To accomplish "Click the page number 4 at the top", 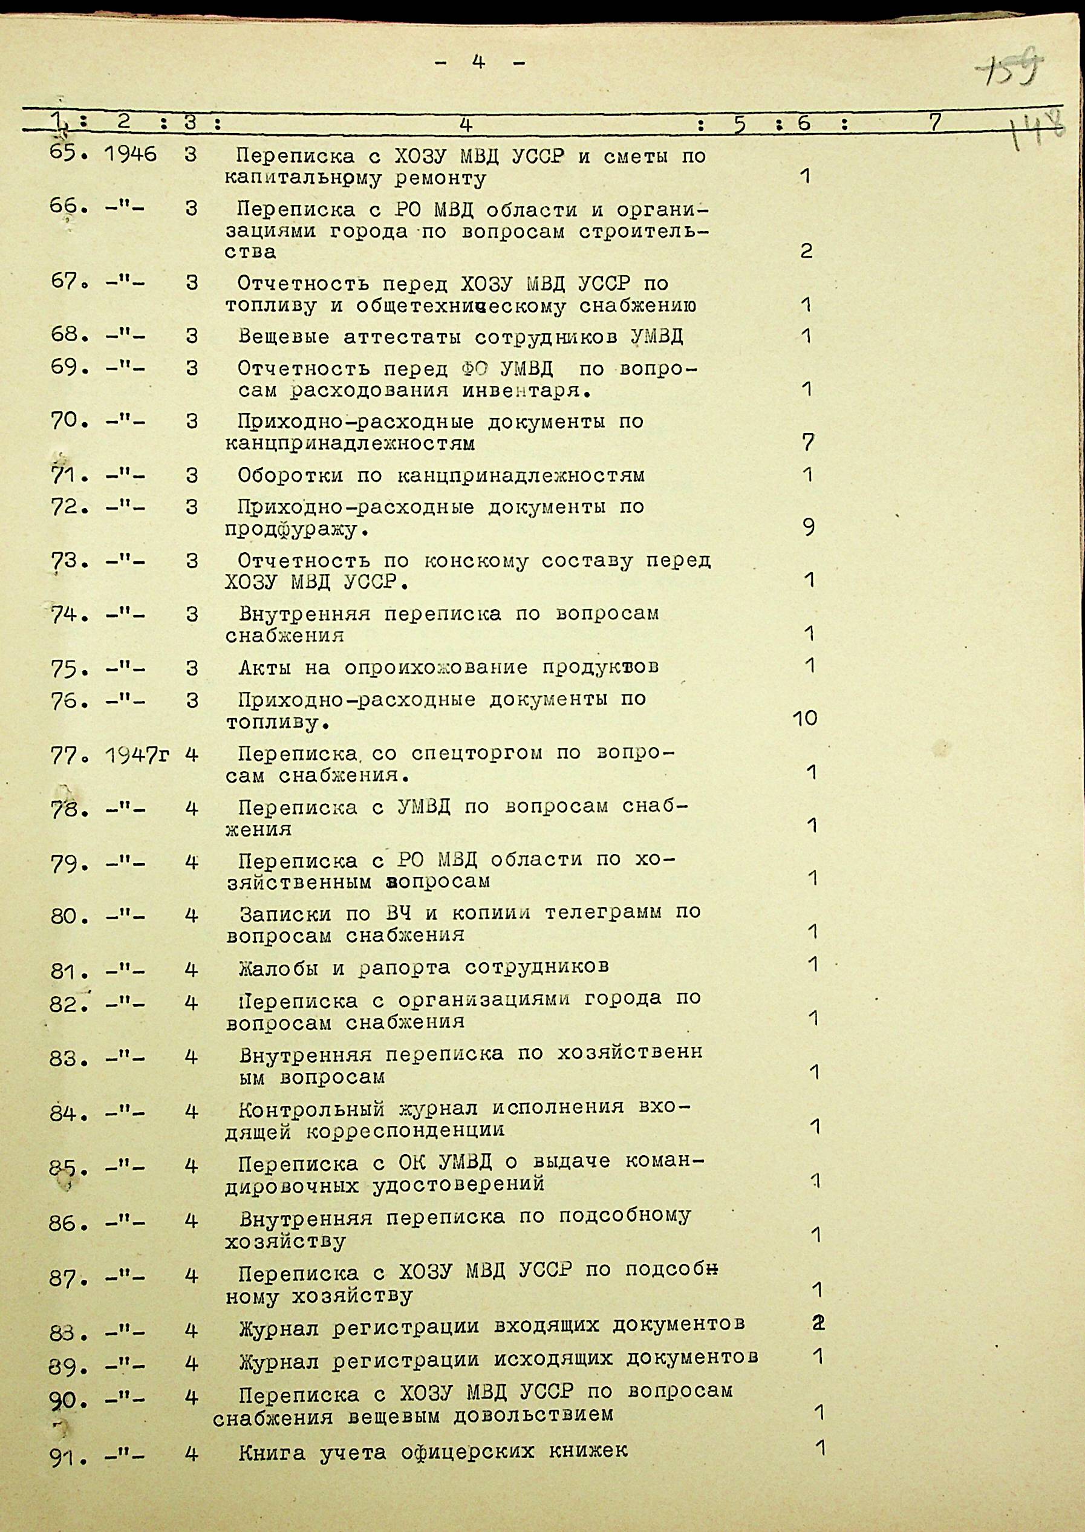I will point(478,62).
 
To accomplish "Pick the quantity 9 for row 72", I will point(809,528).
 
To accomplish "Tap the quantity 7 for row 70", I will point(809,442).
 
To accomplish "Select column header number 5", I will point(739,123).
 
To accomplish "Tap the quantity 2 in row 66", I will point(806,250).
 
